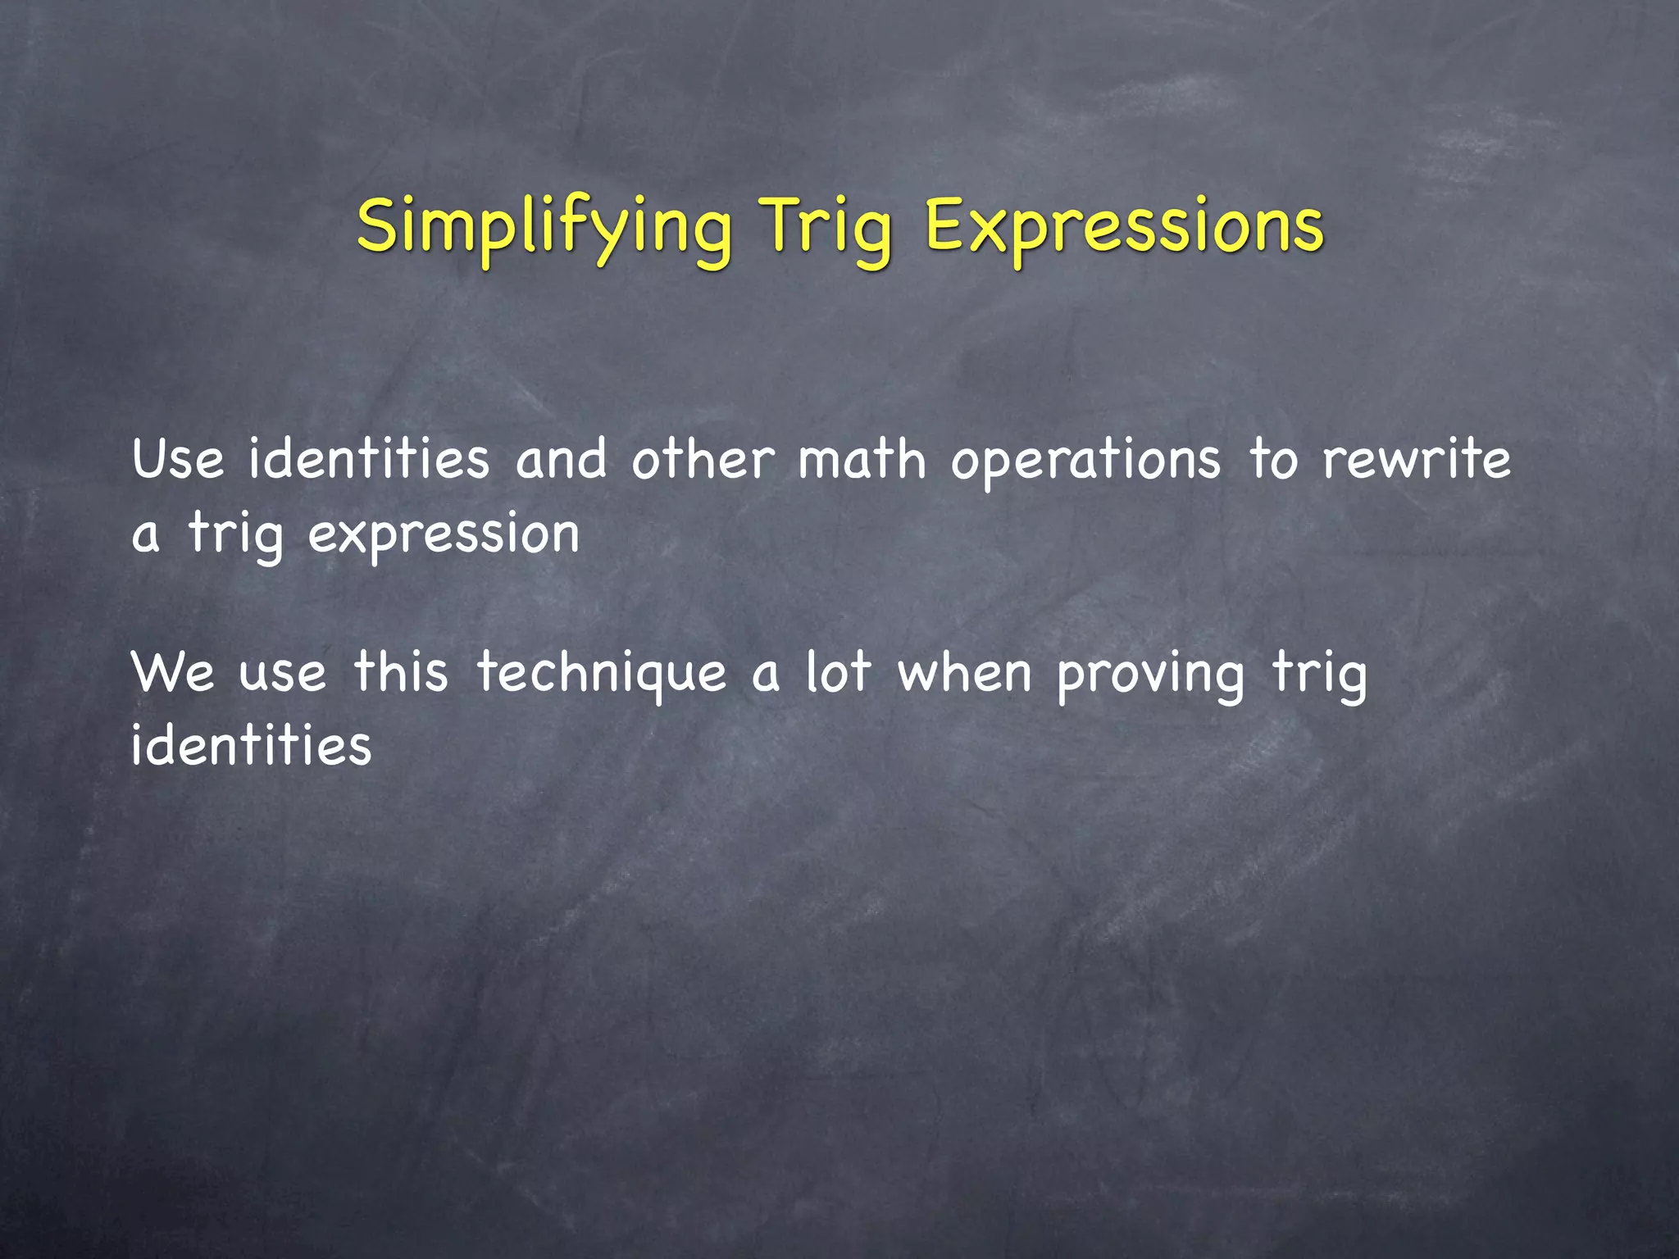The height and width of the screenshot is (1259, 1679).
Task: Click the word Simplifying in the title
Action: (x=544, y=228)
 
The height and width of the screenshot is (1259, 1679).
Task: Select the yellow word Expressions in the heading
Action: (x=1124, y=228)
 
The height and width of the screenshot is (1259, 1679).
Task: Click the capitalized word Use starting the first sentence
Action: (x=177, y=460)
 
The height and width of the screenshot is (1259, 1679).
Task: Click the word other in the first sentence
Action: (x=703, y=460)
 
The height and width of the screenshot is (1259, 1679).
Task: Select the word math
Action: (x=862, y=460)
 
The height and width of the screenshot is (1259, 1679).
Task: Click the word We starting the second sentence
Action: (x=173, y=673)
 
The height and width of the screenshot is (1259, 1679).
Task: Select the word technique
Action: (x=602, y=675)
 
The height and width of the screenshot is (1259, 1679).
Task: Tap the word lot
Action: (x=837, y=673)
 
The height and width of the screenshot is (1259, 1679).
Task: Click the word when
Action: (x=964, y=673)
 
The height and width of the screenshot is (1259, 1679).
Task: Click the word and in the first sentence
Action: (x=561, y=460)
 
